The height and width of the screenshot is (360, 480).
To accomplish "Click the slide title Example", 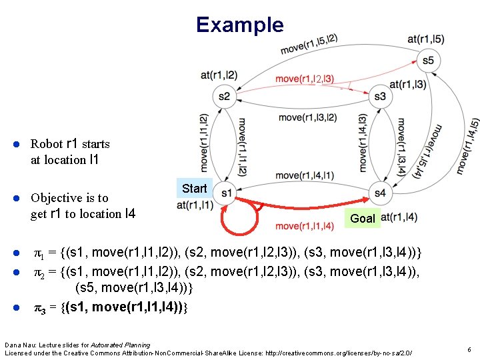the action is pos(239,25).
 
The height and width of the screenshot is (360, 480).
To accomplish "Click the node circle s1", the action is pos(227,193).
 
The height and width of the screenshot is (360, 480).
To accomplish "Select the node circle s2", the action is pos(224,97).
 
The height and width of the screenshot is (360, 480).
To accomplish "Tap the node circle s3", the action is pos(380,97).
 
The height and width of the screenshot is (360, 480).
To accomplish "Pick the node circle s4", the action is pos(380,193).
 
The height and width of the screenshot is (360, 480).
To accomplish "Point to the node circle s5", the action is pos(427,61).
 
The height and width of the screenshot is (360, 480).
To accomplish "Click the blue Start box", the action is pos(194,188).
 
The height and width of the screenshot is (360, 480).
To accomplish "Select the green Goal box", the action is pos(363,218).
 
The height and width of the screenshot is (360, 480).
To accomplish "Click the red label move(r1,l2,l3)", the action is pos(305,79).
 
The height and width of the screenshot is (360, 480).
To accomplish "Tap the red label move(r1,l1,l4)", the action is pos(305,226).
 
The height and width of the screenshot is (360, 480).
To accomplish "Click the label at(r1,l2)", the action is pos(219,74).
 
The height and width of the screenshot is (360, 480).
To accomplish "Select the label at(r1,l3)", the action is pos(408,85).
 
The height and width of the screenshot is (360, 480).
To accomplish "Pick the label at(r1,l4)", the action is pos(399,217).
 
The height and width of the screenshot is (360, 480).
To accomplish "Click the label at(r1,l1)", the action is pos(195,205).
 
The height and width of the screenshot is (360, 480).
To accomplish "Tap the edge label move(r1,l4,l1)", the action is pos(305,175).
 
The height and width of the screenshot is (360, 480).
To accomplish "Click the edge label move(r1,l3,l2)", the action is pos(307,117).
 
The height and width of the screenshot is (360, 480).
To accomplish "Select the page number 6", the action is pos(469,349).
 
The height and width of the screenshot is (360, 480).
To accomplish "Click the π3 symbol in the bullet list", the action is pos(41,307).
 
